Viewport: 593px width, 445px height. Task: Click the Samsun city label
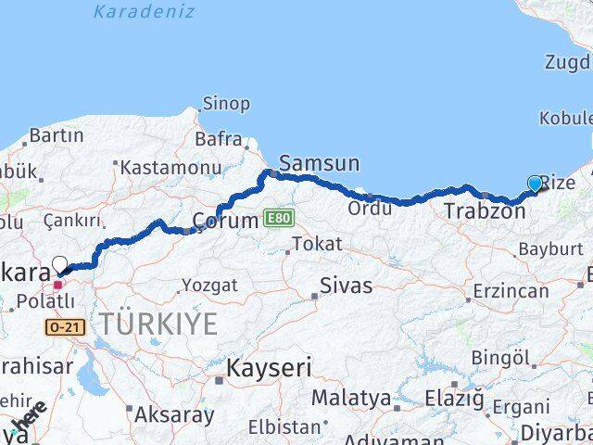coord(319,164)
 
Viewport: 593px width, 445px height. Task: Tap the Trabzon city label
coord(484,212)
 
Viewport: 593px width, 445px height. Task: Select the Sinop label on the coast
coord(226,104)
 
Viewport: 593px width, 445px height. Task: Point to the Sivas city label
coord(346,286)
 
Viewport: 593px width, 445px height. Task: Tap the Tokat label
coord(317,245)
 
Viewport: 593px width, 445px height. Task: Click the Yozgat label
coord(209,286)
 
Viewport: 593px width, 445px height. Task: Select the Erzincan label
coord(510,291)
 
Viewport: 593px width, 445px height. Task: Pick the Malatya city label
coord(350,399)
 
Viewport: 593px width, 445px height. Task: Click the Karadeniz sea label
coord(144,12)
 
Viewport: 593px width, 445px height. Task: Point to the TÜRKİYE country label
coord(158,324)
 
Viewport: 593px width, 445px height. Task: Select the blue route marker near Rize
coord(535,184)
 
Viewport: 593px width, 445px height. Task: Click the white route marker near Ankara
coord(60,264)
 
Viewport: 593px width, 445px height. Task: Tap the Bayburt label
coord(550,249)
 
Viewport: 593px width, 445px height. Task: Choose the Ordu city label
coord(370,209)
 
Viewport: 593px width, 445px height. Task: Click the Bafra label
coord(219,140)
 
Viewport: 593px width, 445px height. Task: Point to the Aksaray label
coord(174,414)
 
